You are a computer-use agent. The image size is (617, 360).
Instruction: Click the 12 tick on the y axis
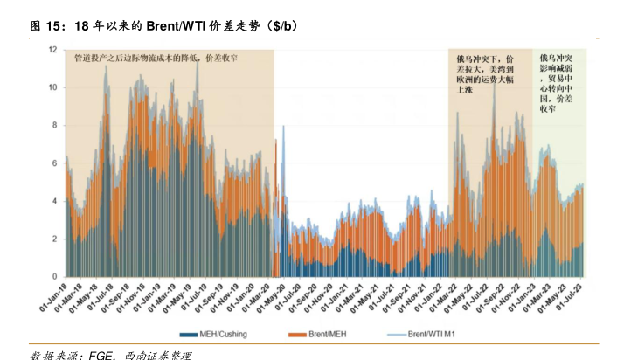(52, 50)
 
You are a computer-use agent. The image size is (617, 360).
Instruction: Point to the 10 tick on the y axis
(52, 87)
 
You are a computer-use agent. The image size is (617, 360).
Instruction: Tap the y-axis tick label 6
(54, 163)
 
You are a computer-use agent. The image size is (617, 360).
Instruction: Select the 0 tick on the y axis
(54, 277)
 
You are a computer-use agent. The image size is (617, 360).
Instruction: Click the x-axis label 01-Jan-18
(55, 298)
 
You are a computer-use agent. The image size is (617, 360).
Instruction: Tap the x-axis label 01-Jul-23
(588, 298)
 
